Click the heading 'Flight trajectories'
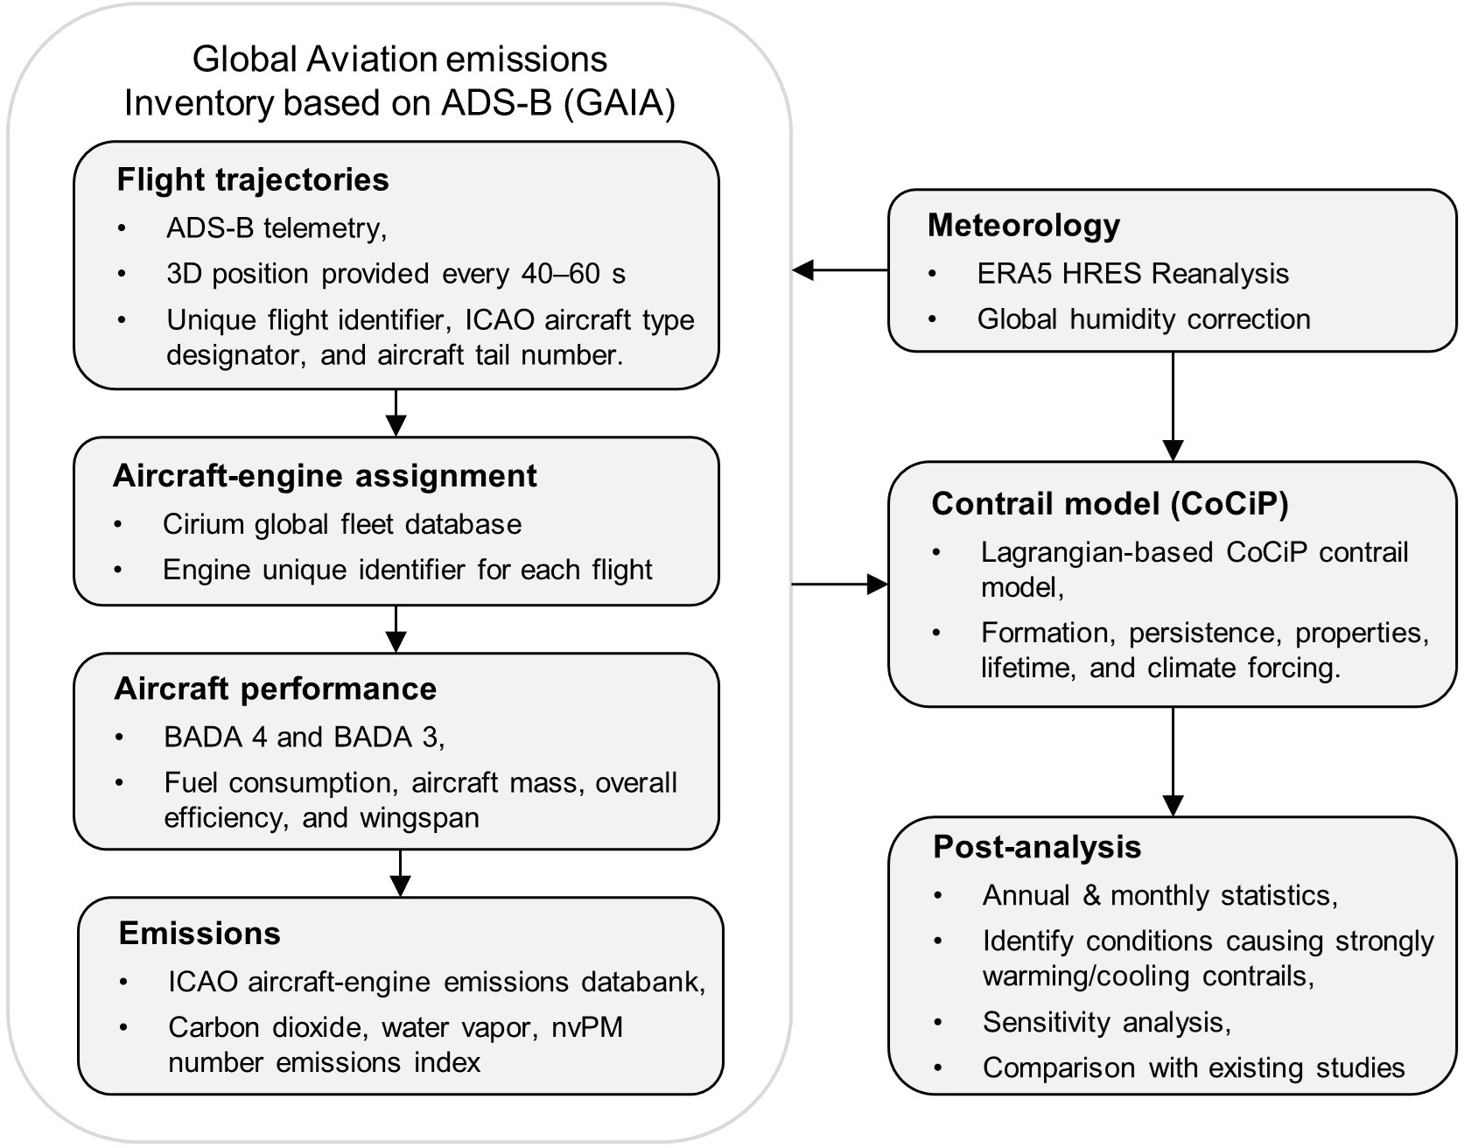pyautogui.click(x=253, y=179)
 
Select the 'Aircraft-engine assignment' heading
pyautogui.click(x=325, y=476)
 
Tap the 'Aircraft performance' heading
pyautogui.click(x=275, y=689)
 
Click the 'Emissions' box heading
pyautogui.click(x=200, y=934)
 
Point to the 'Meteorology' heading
pyautogui.click(x=1023, y=226)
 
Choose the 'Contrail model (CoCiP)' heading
pyautogui.click(x=1110, y=504)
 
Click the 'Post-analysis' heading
pyautogui.click(x=1037, y=847)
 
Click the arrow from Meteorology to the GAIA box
pyautogui.click(x=840, y=270)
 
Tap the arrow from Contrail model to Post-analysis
pyautogui.click(x=1172, y=761)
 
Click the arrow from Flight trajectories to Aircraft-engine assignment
pyautogui.click(x=396, y=412)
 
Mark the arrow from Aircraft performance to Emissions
pyautogui.click(x=400, y=872)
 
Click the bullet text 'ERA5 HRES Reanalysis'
pyautogui.click(x=1132, y=274)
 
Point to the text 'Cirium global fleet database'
pyautogui.click(x=342, y=524)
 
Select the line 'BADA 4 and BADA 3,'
pyautogui.click(x=304, y=737)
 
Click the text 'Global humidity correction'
pyautogui.click(x=1144, y=319)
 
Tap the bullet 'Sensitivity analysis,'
pyautogui.click(x=1106, y=1022)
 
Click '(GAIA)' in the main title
pyautogui.click(x=619, y=103)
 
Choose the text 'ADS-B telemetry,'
pyautogui.click(x=277, y=228)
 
